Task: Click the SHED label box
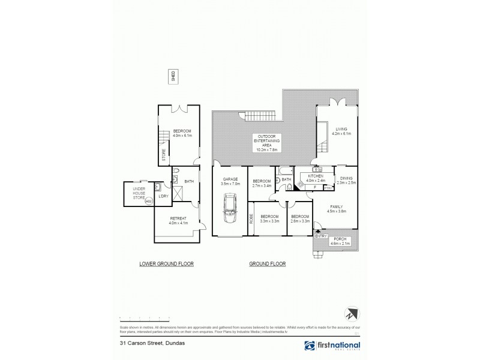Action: pyautogui.click(x=173, y=76)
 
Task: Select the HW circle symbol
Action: pyautogui.click(x=148, y=201)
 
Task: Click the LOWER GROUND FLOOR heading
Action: pyautogui.click(x=166, y=264)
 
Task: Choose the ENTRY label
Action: pyautogui.click(x=320, y=236)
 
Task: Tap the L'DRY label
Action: pyautogui.click(x=162, y=196)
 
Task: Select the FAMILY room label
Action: pyautogui.click(x=336, y=207)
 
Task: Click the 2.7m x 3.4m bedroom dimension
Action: pyautogui.click(x=262, y=185)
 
